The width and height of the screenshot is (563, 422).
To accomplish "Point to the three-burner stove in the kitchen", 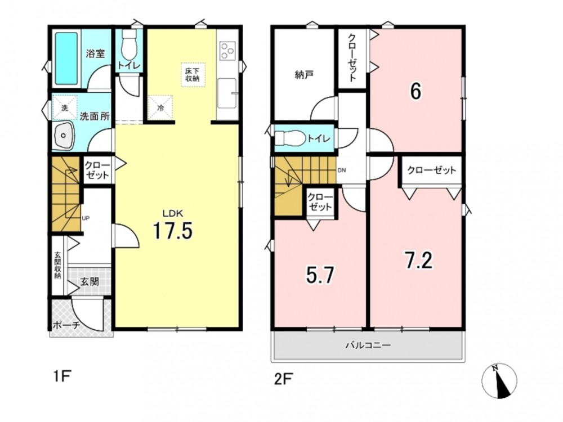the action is (x=227, y=50).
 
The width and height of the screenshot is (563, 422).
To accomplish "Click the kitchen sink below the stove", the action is (x=227, y=93).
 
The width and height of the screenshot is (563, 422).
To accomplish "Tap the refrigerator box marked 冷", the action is (x=160, y=107).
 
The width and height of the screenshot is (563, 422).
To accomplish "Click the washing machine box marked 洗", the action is (x=65, y=107).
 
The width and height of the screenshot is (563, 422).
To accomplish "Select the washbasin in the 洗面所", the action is (x=64, y=136).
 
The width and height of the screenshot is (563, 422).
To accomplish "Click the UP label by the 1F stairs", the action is (x=86, y=218).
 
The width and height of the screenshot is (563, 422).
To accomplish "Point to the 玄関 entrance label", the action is (x=90, y=281).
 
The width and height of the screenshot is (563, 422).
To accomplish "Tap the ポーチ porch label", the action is (x=66, y=325).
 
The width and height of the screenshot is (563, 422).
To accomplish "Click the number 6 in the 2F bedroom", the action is (x=415, y=91).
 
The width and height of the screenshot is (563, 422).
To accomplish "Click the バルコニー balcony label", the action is (x=368, y=345).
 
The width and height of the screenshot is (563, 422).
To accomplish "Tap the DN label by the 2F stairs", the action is (x=342, y=170).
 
